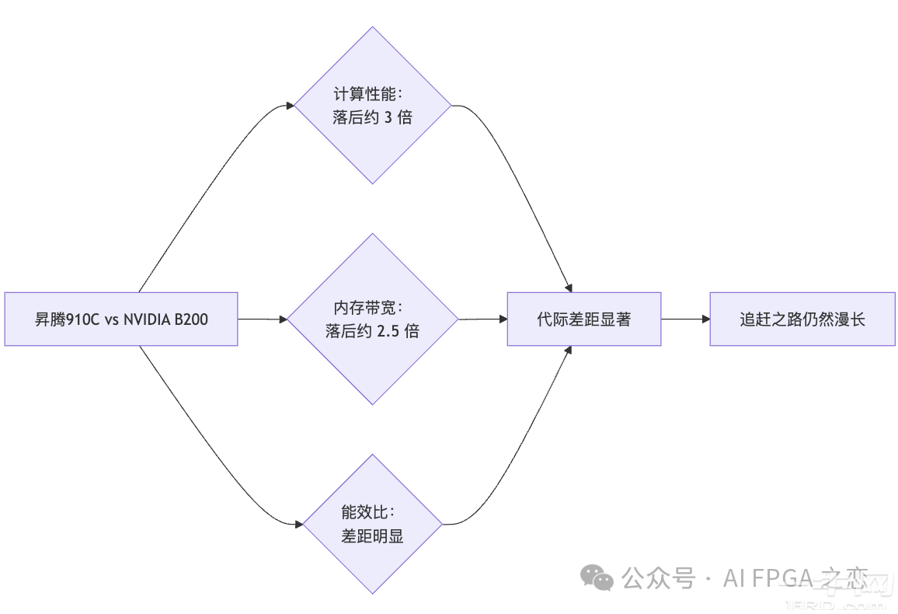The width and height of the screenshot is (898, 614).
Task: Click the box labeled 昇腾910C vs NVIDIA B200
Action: (x=120, y=319)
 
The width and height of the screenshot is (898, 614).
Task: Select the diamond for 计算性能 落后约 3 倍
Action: (x=373, y=106)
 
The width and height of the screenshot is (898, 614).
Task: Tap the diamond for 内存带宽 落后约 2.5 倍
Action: (x=373, y=319)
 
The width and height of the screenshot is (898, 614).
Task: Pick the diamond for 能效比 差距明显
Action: (x=373, y=525)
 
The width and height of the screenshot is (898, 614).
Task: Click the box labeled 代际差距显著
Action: (x=583, y=319)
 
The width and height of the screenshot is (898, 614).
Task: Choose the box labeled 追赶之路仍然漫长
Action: (x=802, y=319)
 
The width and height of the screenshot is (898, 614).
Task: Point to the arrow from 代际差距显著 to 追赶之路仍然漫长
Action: (x=684, y=319)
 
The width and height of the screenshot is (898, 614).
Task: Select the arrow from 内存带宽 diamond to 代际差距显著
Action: (x=482, y=319)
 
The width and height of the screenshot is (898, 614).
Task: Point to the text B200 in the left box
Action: (x=192, y=319)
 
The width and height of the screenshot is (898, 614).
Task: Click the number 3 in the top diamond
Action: (x=388, y=118)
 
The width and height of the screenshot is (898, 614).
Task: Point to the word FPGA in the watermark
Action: (x=783, y=578)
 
